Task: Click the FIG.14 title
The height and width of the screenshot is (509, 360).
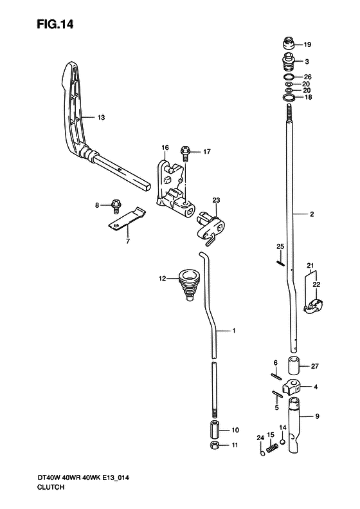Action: tap(55, 24)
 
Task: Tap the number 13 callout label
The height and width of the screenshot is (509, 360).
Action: tap(101, 117)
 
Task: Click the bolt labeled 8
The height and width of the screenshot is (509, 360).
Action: tap(116, 206)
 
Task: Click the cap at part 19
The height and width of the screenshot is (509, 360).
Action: tap(288, 43)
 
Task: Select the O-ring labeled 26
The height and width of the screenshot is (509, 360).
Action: tap(289, 77)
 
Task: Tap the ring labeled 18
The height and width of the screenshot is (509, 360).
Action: tap(289, 97)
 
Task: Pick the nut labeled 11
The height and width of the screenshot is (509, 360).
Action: tap(215, 445)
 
